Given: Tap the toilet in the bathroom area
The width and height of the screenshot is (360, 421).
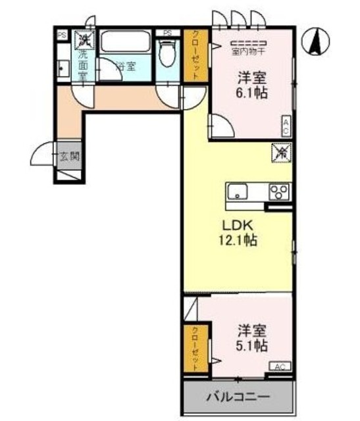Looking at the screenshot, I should [x=168, y=54].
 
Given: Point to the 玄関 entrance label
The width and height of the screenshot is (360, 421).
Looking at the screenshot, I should [x=70, y=157].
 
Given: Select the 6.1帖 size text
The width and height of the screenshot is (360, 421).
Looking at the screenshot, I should [x=252, y=93].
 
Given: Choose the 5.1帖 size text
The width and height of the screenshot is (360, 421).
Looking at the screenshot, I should [x=252, y=344].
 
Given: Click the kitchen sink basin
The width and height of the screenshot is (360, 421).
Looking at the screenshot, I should [x=238, y=192].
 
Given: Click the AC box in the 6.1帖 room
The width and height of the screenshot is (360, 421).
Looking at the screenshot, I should [x=287, y=126].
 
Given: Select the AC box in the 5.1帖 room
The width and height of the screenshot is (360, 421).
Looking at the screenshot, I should [x=278, y=366].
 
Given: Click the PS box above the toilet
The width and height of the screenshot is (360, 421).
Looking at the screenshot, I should [x=167, y=33].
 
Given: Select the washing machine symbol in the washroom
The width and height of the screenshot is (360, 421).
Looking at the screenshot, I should [x=84, y=41].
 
